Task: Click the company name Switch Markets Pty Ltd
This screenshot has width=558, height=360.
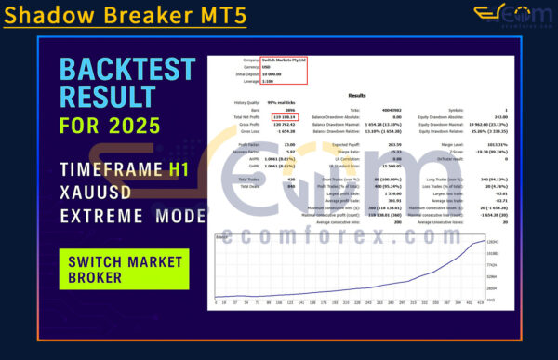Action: (284, 60)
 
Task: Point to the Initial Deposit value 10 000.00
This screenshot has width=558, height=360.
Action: (276, 73)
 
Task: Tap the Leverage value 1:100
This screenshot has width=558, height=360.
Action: (271, 81)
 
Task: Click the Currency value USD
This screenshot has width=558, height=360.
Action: (268, 66)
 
